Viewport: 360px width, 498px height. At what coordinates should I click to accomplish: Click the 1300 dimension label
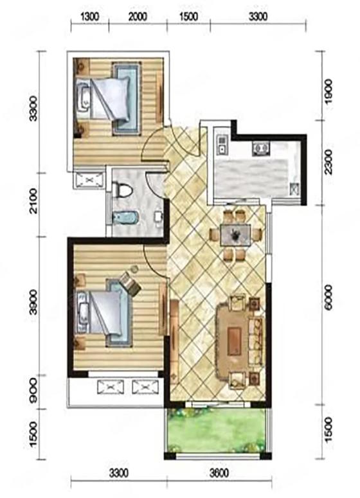tap(90, 16)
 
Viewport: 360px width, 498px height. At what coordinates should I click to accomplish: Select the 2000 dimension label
tap(138, 16)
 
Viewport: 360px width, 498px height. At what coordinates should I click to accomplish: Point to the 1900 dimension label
tap(328, 91)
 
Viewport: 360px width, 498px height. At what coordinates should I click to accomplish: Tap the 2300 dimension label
tap(328, 162)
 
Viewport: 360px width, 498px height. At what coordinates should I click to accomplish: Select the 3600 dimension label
tap(219, 474)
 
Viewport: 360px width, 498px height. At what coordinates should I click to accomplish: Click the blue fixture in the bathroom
tap(125, 218)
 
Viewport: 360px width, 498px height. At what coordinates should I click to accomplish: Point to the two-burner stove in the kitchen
tap(261, 148)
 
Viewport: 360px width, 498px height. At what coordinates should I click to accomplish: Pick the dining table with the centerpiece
tap(235, 235)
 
